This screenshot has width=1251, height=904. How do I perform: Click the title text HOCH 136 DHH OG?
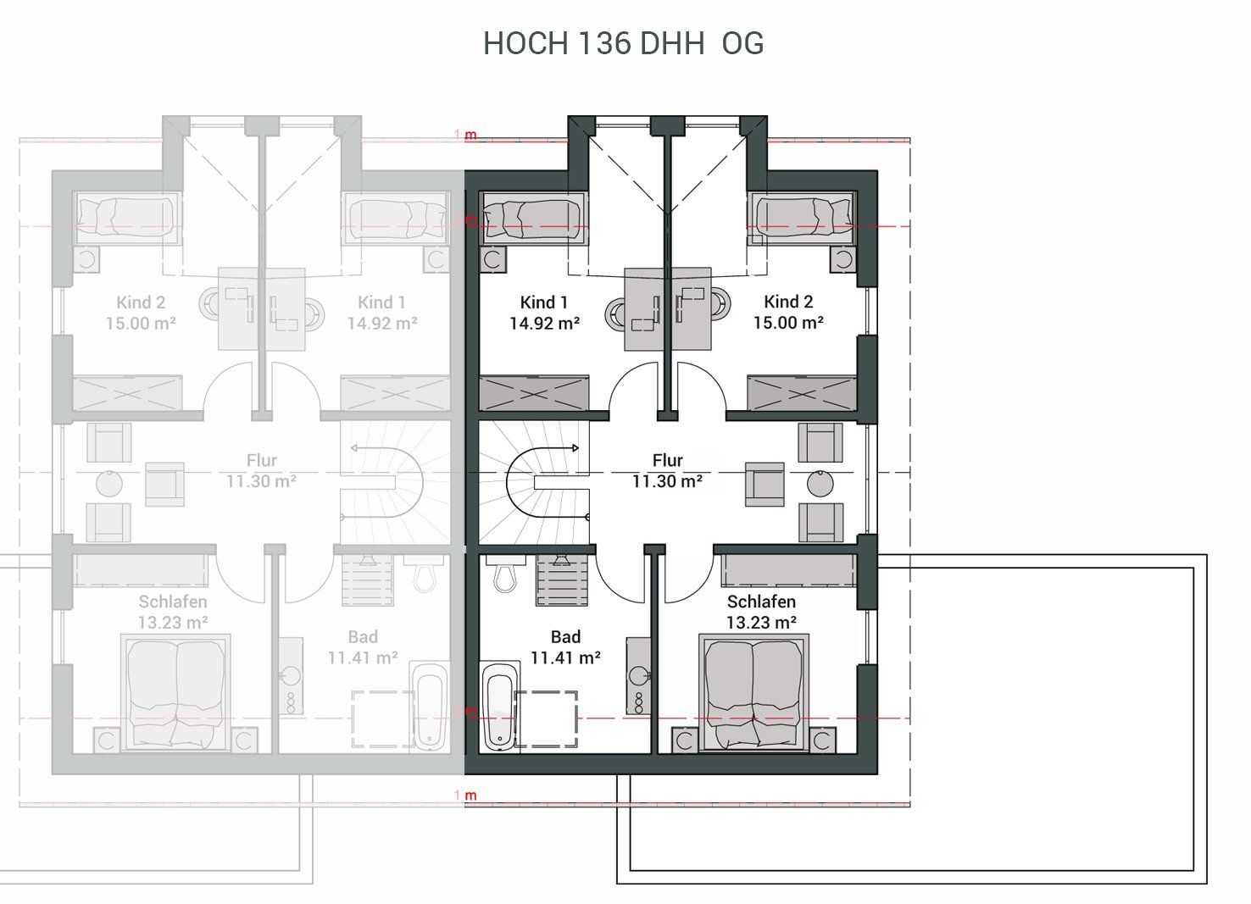pyautogui.click(x=623, y=43)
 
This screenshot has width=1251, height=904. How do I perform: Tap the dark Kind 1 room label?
pyautogui.click(x=544, y=313)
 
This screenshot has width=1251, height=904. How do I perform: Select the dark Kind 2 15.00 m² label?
pyautogui.click(x=788, y=312)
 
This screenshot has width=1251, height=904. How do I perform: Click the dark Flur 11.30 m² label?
pyautogui.click(x=667, y=470)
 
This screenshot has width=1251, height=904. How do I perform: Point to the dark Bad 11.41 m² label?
pyautogui.click(x=565, y=647)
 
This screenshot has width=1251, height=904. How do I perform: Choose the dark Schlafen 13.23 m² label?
pyautogui.click(x=761, y=612)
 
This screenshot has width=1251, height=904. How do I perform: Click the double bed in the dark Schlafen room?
pyautogui.click(x=754, y=692)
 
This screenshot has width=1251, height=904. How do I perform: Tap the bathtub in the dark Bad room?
pyautogui.click(x=500, y=707)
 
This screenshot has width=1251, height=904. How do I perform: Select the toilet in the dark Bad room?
pyautogui.click(x=506, y=574)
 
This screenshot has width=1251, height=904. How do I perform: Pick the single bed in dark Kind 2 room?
pyautogui.click(x=802, y=219)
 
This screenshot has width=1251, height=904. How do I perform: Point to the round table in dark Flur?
pyautogui.click(x=820, y=484)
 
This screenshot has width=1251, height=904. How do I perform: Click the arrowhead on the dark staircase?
pyautogui.click(x=575, y=448)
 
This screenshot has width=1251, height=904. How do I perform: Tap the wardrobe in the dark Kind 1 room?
pyautogui.click(x=534, y=393)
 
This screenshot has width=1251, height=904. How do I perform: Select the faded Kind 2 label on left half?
pyautogui.click(x=141, y=302)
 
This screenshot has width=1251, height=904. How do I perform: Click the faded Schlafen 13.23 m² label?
pyautogui.click(x=173, y=612)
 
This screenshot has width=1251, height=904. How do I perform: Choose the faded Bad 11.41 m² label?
pyautogui.click(x=363, y=647)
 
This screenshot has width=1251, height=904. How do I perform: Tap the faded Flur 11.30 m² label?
pyautogui.click(x=261, y=470)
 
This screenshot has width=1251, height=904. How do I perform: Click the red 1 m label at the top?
pyautogui.click(x=466, y=135)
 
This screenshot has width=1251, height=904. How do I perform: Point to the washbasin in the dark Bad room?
pyautogui.click(x=638, y=675)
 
